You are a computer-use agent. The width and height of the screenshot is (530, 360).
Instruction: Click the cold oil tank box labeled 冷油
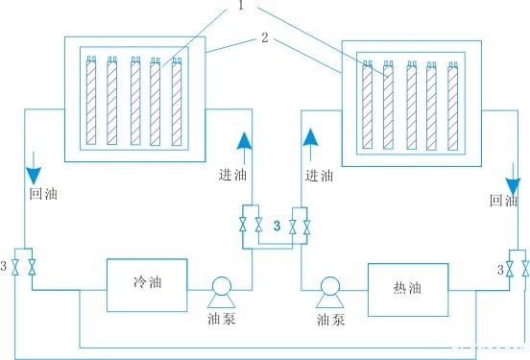(x=145, y=285)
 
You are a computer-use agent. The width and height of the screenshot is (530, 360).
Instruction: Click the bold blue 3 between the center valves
(x=277, y=226)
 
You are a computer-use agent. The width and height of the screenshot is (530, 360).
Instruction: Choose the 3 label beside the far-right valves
(x=499, y=270)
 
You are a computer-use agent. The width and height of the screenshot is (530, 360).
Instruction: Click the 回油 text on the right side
(x=503, y=202)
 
